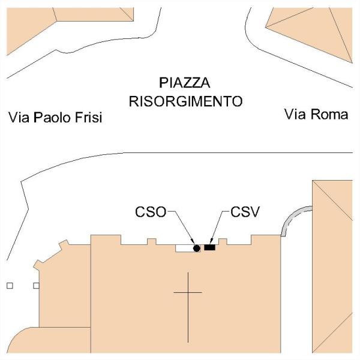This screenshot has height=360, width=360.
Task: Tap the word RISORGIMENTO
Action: pyautogui.click(x=186, y=100)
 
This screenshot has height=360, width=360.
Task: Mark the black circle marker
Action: pyautogui.click(x=196, y=248)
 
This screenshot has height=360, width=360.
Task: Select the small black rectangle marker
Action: pyautogui.click(x=209, y=247)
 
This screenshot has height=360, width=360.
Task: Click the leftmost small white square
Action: pyautogui.click(x=10, y=286)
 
